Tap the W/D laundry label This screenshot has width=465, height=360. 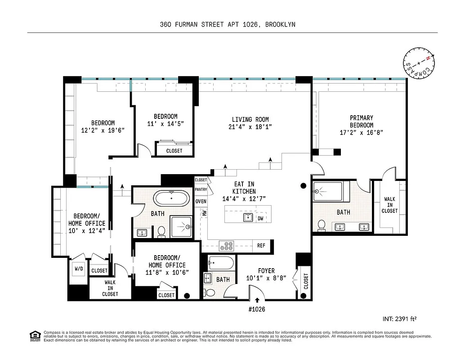pyautogui.click(x=79, y=269)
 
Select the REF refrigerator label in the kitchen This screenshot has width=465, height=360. pyautogui.click(x=261, y=246)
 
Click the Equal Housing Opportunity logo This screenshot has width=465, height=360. pyautogui.click(x=34, y=335)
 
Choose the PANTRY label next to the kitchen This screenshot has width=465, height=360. pyautogui.click(x=201, y=190)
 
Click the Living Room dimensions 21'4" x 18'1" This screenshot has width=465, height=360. pyautogui.click(x=250, y=127)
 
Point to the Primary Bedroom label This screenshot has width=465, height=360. pyautogui.click(x=361, y=121)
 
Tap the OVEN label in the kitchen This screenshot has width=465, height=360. pyautogui.click(x=201, y=201)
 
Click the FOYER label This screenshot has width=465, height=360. pyautogui.click(x=266, y=270)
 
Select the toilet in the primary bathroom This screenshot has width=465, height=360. pyautogui.click(x=322, y=225)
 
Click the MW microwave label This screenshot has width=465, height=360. pyautogui.click(x=204, y=214)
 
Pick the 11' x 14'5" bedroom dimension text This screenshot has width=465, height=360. pyautogui.click(x=165, y=123)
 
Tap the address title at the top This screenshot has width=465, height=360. pyautogui.click(x=228, y=24)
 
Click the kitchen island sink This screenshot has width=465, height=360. pyautogui.click(x=248, y=218)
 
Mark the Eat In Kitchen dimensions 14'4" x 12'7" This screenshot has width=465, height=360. pyautogui.click(x=244, y=199)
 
